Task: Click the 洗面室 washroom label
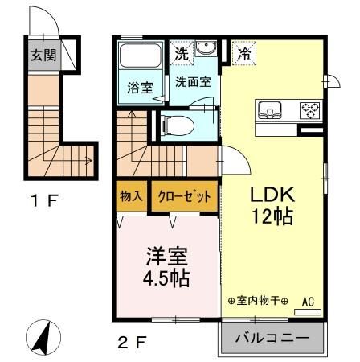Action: pyautogui.click(x=193, y=81)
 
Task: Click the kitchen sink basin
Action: pyautogui.click(x=269, y=110)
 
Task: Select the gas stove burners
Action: pyautogui.click(x=309, y=110)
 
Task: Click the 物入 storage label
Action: pyautogui.click(x=132, y=195)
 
